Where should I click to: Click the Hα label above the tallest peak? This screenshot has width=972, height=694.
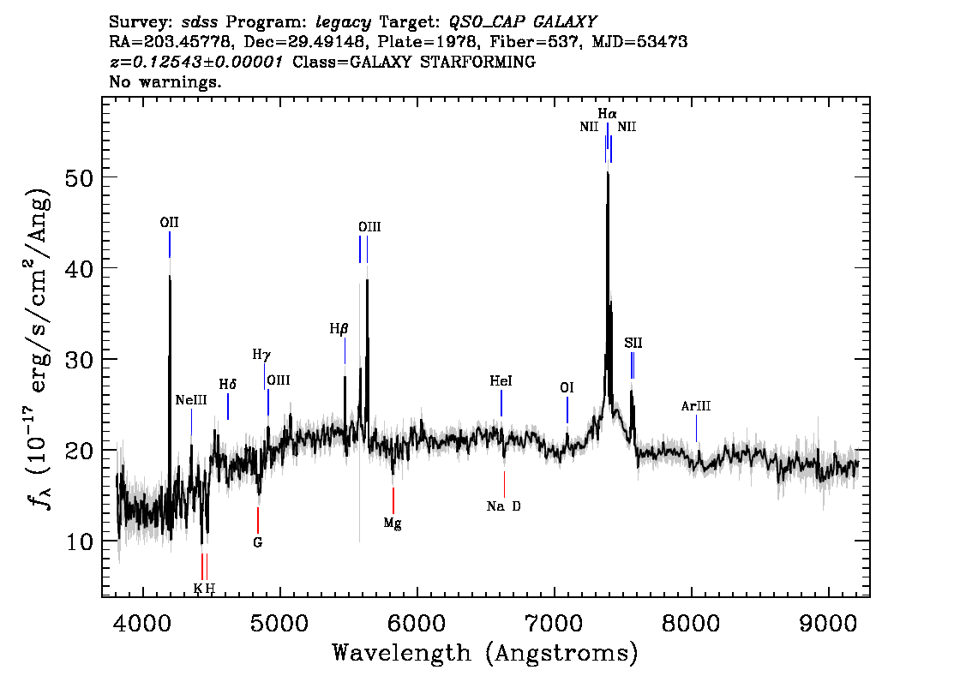tap(608, 114)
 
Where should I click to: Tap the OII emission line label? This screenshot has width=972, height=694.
tap(169, 223)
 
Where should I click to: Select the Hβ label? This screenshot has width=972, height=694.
tap(339, 329)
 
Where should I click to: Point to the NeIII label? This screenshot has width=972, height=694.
tap(191, 400)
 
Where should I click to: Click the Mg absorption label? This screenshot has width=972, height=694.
tap(393, 523)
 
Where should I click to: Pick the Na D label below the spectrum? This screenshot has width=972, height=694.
tap(504, 507)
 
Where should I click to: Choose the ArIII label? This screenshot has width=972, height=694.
tap(695, 406)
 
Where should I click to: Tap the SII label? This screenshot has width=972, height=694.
tap(633, 344)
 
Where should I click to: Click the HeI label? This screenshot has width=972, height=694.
tap(501, 381)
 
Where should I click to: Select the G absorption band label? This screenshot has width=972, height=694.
tap(258, 543)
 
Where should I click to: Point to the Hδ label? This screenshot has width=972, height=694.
tap(227, 385)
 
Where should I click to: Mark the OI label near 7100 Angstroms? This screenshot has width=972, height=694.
tap(567, 388)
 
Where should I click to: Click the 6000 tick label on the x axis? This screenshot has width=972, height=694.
tap(417, 623)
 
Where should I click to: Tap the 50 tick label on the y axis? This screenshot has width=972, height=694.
tap(79, 178)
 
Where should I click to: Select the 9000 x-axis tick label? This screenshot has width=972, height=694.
tap(828, 623)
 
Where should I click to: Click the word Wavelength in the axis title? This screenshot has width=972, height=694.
tap(401, 653)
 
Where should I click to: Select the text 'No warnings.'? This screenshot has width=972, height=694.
tap(165, 81)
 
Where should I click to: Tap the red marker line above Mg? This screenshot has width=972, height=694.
tap(393, 500)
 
